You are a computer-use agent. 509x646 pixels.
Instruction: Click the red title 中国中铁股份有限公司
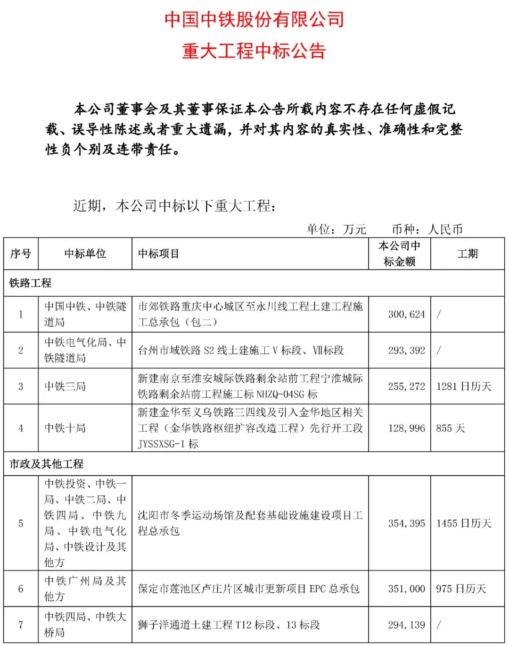point(254,19)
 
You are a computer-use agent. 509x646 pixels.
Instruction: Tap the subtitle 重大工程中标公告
point(254,51)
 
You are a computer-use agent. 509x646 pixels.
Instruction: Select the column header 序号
point(21,254)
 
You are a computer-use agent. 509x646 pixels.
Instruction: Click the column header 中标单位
point(85,254)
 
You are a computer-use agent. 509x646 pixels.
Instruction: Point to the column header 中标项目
point(158,254)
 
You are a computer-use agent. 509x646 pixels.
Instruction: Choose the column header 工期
point(467,254)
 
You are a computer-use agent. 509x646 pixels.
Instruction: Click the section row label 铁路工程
point(30,283)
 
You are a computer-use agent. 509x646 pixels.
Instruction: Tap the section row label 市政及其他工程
point(46,464)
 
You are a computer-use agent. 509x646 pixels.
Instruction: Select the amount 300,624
point(406,314)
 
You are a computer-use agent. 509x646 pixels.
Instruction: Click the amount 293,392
point(406,350)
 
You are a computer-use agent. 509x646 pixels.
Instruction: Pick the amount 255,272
point(406,386)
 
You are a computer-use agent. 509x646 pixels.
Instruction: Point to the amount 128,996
point(406,428)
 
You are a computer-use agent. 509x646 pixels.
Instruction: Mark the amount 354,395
point(406,523)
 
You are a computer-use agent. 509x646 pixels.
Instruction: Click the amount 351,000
point(406,588)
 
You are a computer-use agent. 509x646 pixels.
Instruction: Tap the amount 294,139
point(406,625)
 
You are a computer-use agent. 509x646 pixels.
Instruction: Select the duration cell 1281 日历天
point(464,386)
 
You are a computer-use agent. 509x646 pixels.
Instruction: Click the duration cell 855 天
point(451,428)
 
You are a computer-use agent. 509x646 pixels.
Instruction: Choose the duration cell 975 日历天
point(461,588)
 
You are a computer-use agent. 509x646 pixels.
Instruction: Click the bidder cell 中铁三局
point(65,386)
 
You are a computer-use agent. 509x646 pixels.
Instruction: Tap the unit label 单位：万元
point(337,229)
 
